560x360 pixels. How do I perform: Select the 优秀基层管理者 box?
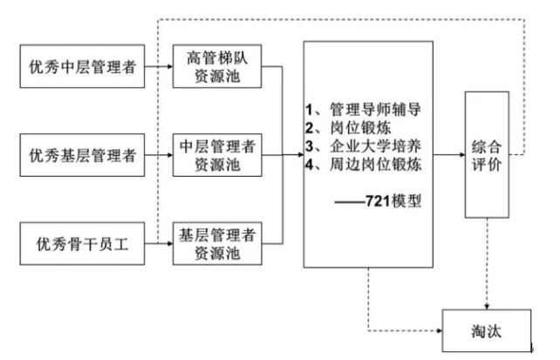83,157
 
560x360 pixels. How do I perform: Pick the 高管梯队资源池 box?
216,67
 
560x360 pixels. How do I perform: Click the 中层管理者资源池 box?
216,157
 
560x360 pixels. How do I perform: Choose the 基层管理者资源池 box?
216,242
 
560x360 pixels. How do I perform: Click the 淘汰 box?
486,331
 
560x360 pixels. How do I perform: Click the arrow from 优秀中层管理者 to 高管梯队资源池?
157,66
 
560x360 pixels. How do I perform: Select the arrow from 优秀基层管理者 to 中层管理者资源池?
157,157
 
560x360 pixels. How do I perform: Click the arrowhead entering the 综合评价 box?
460,156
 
